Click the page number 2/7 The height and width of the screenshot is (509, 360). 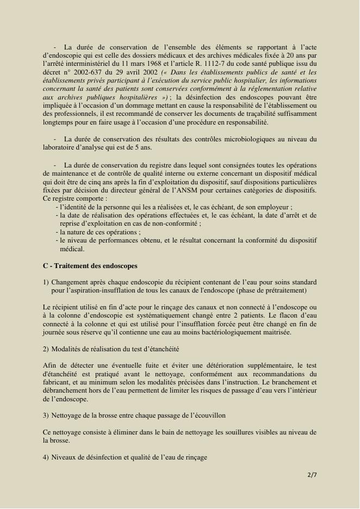[312, 475]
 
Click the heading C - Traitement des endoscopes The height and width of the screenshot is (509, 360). [90, 266]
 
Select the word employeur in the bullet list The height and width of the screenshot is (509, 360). [275, 207]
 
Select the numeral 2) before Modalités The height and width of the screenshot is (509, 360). [46, 349]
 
